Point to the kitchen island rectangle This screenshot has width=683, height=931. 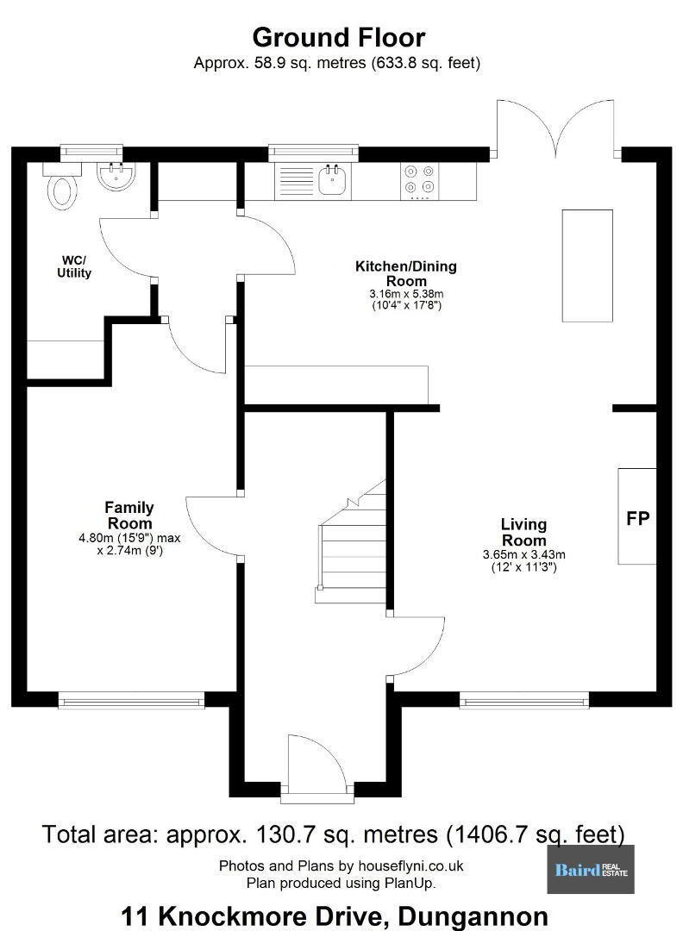pyautogui.click(x=587, y=266)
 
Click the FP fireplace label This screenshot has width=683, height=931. pyautogui.click(x=638, y=518)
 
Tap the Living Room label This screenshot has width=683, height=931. pyautogui.click(x=523, y=532)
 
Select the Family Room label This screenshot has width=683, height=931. pyautogui.click(x=129, y=515)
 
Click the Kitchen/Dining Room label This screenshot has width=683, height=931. pyautogui.click(x=406, y=273)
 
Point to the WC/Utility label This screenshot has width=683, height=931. pyautogui.click(x=74, y=266)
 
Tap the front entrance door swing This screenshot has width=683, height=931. pyautogui.click(x=316, y=764)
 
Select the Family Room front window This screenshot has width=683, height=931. pyautogui.click(x=131, y=701)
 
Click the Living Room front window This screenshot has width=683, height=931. pyautogui.click(x=523, y=701)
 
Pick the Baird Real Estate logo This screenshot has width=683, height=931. pyautogui.click(x=591, y=869)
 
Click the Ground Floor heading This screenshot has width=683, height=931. pyautogui.click(x=339, y=37)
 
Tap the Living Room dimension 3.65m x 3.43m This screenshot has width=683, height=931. pyautogui.click(x=523, y=555)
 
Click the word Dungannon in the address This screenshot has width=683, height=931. pyautogui.click(x=473, y=916)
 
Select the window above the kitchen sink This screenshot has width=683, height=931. pyautogui.click(x=313, y=153)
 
